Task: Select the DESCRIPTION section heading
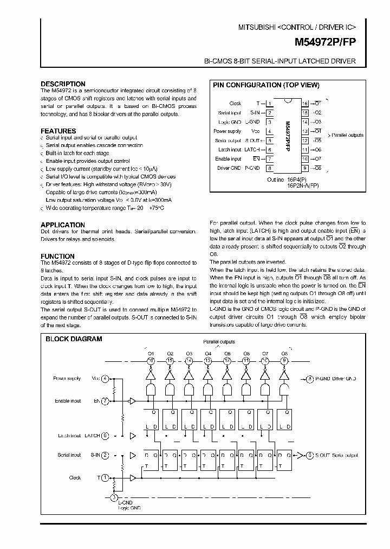63,84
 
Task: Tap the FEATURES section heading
58,131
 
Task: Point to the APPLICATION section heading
63,225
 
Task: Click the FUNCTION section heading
57,256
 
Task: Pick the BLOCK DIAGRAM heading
74,339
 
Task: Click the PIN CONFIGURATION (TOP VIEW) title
266,85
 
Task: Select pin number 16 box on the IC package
305,103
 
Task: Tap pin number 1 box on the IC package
269,103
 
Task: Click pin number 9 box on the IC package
305,168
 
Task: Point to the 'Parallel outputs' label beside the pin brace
347,135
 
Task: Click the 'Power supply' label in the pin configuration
227,131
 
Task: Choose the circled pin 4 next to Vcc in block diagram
105,379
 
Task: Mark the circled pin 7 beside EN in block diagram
105,401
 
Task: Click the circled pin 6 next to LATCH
105,435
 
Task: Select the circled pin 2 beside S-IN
105,455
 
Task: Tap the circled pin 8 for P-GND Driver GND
310,379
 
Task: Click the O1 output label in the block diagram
151,353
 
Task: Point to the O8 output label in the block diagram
284,353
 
